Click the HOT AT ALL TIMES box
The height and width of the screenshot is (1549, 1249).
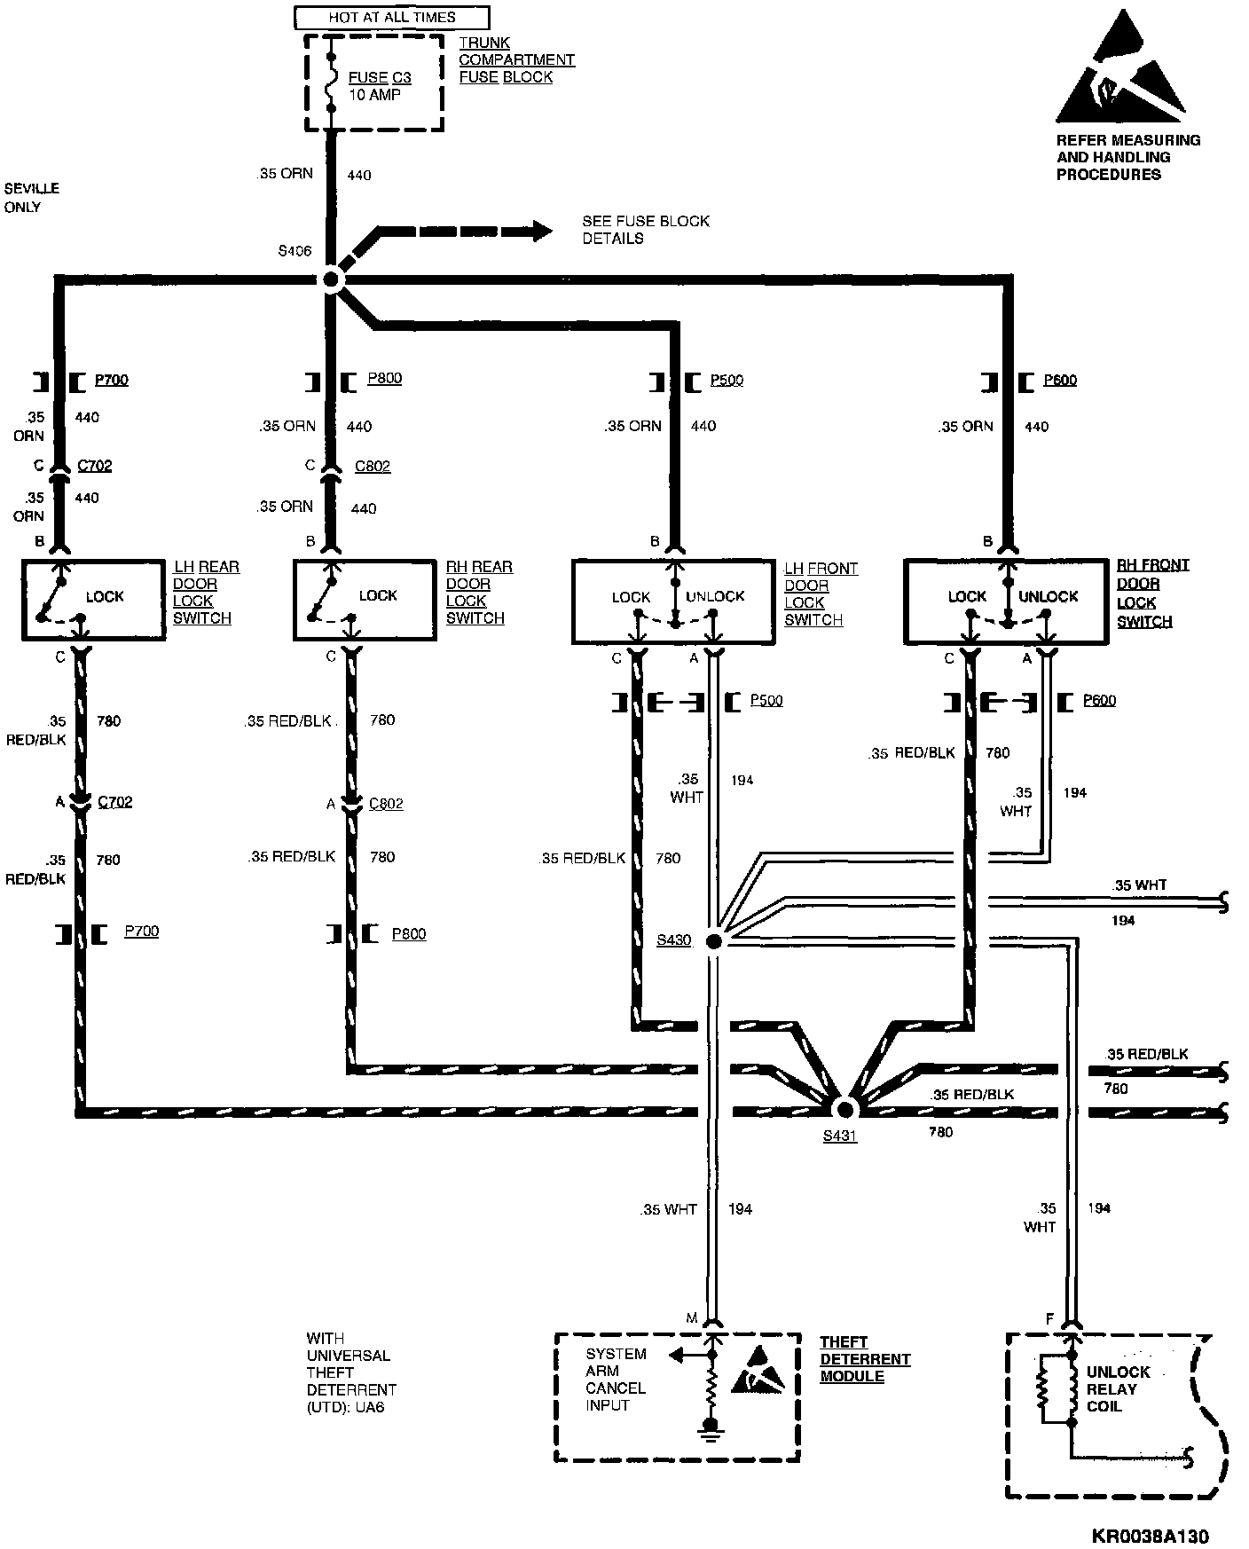point(391,17)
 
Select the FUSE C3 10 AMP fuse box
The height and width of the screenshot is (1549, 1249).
point(373,83)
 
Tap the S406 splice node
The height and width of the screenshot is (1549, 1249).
point(331,280)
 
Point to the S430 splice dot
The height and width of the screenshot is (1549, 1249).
point(713,940)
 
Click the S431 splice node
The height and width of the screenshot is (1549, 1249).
point(844,1108)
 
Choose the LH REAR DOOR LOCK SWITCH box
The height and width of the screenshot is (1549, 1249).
point(93,600)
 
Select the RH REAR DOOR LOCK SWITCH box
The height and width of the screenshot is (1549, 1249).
point(366,600)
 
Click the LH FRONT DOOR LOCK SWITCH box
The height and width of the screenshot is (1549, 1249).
point(674,601)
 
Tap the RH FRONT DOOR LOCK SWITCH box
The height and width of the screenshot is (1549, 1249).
point(1006,601)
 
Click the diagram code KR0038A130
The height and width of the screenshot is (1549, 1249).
point(1150,1536)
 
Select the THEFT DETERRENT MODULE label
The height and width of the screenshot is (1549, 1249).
point(864,1359)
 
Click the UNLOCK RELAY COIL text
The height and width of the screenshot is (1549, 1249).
point(1117,1388)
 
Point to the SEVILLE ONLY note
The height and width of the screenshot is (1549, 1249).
point(31,198)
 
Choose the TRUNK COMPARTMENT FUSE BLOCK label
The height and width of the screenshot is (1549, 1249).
point(516,59)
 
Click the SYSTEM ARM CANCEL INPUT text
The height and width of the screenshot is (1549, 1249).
point(616,1380)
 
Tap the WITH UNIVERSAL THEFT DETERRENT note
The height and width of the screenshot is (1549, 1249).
point(350,1372)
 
